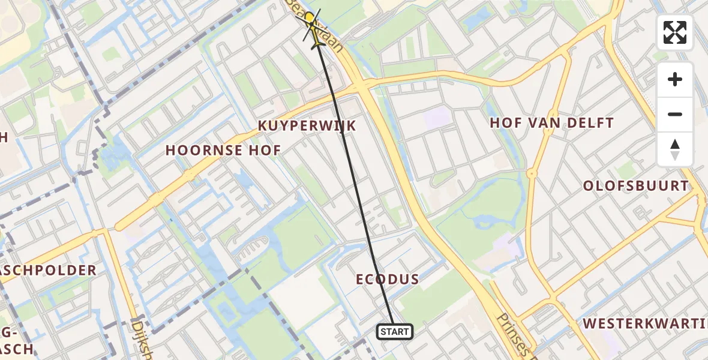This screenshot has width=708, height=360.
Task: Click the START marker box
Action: point(395,332)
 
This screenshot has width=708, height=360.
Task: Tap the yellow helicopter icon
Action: point(311,26)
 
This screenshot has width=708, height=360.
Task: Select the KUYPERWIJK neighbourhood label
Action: point(307,126)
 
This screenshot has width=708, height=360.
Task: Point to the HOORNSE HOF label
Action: point(223,151)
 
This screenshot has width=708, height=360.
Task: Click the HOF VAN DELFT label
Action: point(551,124)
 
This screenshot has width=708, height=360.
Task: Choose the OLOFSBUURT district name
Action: point(636,186)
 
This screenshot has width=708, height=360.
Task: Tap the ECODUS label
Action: point(387,280)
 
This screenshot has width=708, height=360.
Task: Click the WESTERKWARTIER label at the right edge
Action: point(645,324)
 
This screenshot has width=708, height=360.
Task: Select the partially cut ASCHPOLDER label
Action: point(48,271)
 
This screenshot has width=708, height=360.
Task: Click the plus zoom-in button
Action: point(675,79)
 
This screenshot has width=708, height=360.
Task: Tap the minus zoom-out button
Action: point(675,114)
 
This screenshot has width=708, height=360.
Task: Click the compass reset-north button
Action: point(675,149)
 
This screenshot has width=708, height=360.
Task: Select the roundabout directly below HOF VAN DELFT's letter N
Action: point(532,173)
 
